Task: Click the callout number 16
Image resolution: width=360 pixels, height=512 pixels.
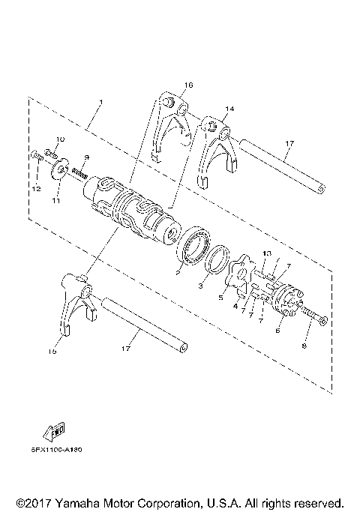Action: (187, 85)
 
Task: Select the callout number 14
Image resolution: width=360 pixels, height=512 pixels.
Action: (230, 109)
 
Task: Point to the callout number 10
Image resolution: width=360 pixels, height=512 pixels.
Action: (61, 139)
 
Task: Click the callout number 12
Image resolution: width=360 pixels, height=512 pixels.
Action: (35, 188)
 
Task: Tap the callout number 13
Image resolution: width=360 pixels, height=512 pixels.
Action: (266, 253)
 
